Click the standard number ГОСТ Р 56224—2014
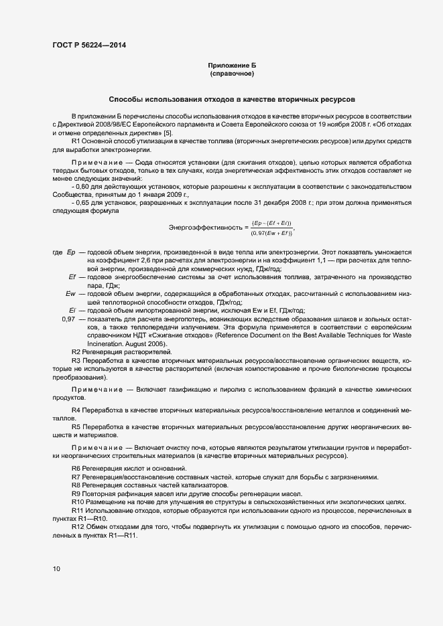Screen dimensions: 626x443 click(88, 45)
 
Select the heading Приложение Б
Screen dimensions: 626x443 click(232, 66)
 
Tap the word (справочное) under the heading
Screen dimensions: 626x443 click(232, 73)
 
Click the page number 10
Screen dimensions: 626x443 click(56, 569)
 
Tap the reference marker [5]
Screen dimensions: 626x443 click(168, 133)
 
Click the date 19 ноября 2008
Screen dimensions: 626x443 click(348, 125)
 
